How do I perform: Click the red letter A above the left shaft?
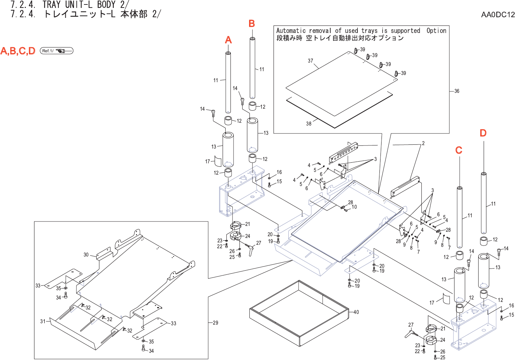pos(228,40)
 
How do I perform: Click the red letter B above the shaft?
pos(252,23)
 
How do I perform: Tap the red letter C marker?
pos(459,150)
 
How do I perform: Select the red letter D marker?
pos(483,133)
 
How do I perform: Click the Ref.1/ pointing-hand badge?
pos(57,51)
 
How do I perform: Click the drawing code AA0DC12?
pos(497,14)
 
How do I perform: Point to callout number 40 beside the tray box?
pos(356,312)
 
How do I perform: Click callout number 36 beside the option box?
pos(457,91)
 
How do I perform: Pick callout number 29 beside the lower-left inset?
pos(215,323)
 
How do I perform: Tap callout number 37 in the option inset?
pos(310,61)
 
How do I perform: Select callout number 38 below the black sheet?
pos(309,124)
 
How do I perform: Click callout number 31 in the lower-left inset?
pos(43,321)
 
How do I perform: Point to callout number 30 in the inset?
pos(86,255)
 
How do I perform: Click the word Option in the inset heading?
pos(436,31)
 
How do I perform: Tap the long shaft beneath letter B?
pos(252,69)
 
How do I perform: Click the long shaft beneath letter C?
pos(459,217)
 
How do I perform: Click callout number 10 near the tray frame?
pos(354,207)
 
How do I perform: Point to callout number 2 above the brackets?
pos(423,143)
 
